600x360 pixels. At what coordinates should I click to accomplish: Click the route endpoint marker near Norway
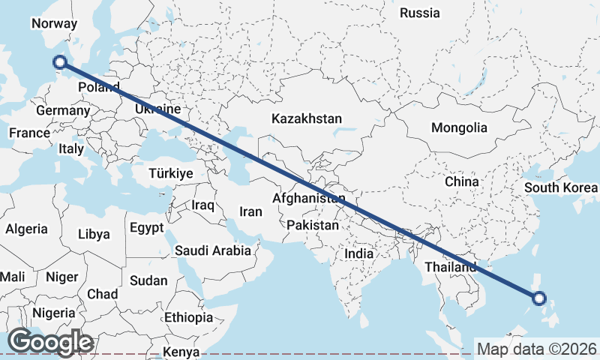point(61,63)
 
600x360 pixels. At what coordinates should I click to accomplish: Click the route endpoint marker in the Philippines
point(538,298)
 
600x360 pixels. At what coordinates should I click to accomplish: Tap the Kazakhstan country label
point(307,118)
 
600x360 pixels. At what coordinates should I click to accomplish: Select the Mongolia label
point(459,127)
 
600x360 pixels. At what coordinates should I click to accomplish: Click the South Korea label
point(560,187)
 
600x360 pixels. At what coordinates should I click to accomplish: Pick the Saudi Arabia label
point(213,250)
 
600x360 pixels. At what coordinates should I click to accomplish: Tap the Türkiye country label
point(171,173)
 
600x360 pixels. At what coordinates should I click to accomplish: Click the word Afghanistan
point(309,199)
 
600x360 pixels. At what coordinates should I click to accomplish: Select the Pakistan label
point(312,224)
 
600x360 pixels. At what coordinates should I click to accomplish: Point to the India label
point(358,253)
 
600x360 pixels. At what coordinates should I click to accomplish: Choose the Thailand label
point(450,267)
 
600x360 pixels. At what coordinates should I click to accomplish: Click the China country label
point(461,181)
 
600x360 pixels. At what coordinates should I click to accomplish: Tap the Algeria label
point(26,229)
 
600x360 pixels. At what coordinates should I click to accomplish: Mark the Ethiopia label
point(189,316)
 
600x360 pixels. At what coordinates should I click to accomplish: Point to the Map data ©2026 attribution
point(537,349)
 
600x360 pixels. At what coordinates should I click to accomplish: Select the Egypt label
point(145,228)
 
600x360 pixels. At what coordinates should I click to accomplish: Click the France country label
point(29,133)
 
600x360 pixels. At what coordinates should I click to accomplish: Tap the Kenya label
point(181,352)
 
